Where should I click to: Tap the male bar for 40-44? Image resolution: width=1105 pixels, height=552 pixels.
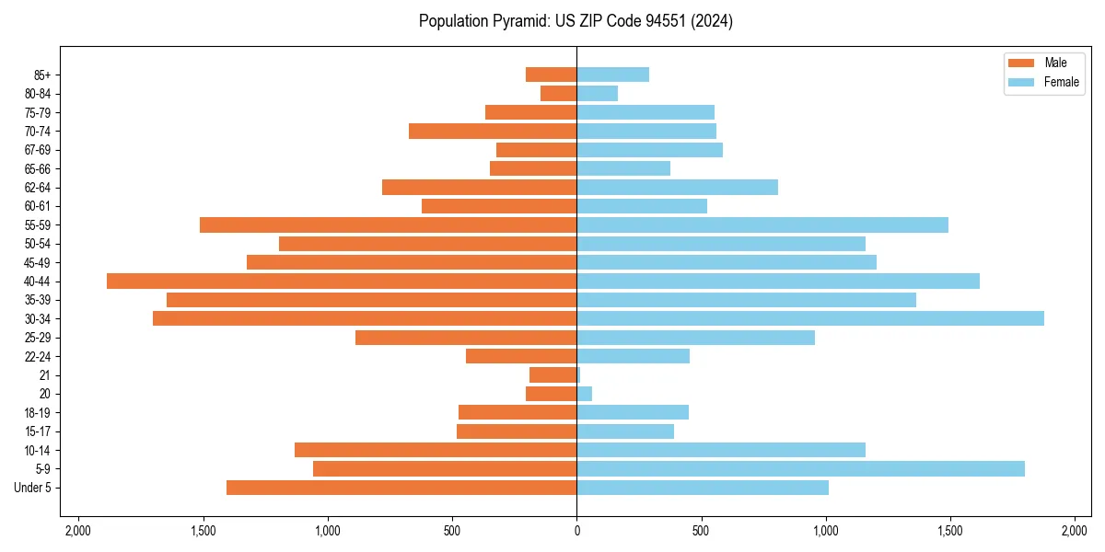342,282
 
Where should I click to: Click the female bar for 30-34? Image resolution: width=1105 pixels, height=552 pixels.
810,318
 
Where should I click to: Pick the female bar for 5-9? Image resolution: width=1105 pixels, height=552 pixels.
800,468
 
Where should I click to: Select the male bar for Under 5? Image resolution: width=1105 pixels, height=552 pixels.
401,488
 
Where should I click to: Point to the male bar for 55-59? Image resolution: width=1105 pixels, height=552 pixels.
388,225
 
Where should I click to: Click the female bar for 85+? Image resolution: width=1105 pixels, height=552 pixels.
612,75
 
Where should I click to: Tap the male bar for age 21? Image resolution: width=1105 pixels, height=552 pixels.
552,375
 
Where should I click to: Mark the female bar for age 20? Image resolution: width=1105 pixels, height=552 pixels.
584,394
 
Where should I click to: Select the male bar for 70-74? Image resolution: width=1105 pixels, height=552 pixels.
493,132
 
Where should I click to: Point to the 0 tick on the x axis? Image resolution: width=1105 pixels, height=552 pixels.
576,531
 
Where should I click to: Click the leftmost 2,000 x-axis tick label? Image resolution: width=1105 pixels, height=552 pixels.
78,531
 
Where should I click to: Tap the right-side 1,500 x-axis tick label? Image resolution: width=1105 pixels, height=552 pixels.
950,531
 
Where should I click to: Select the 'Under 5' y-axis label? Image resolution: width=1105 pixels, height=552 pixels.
33,488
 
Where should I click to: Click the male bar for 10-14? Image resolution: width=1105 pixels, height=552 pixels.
436,450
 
